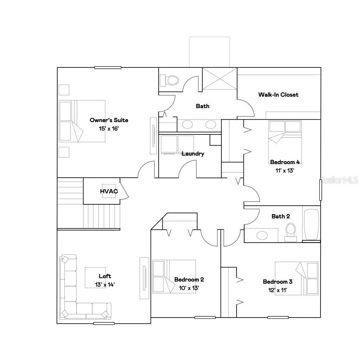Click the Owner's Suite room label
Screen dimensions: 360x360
coord(109,120)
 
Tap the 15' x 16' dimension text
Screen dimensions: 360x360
coord(109,128)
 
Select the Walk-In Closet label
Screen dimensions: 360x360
coord(278,95)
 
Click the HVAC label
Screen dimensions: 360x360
coord(109,191)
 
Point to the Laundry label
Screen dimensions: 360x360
coord(193,153)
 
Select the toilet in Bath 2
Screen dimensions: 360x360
coord(290,231)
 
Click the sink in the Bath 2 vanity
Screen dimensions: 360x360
coord(261,234)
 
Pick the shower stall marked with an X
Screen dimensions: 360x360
coord(219,78)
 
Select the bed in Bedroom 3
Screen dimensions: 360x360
coord(296,278)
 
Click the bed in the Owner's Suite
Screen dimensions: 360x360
coord(81,121)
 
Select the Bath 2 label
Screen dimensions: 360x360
coord(281,216)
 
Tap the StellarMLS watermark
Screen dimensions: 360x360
coord(340,180)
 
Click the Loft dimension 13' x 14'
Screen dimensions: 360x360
coord(105,285)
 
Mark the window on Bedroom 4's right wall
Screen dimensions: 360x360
coord(320,190)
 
